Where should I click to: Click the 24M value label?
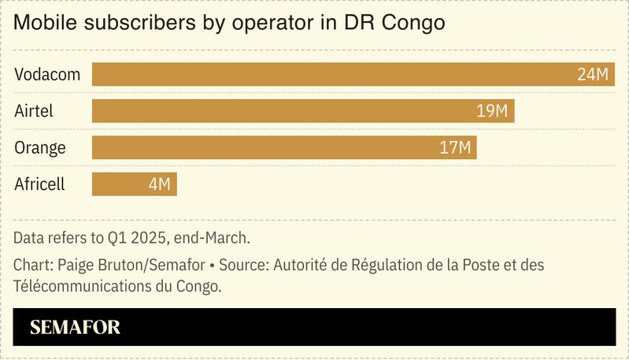pos(593,75)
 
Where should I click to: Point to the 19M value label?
pos(492,111)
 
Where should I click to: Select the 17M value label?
pos(455,147)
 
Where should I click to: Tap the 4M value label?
pos(159,184)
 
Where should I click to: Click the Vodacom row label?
pos(46,75)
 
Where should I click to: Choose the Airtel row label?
pos(34,111)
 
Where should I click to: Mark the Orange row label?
pos(40,147)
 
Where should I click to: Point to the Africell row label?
pos(39,184)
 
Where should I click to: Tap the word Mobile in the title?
pos(44,24)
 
